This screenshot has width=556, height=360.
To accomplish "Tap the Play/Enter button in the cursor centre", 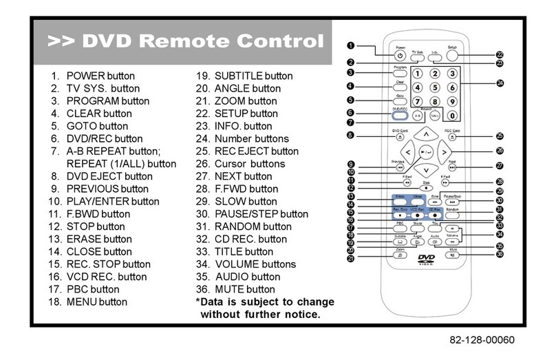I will click(x=427, y=151).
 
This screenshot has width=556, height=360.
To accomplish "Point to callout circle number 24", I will click(x=500, y=83).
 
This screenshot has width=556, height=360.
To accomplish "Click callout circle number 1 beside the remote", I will click(x=350, y=45).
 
